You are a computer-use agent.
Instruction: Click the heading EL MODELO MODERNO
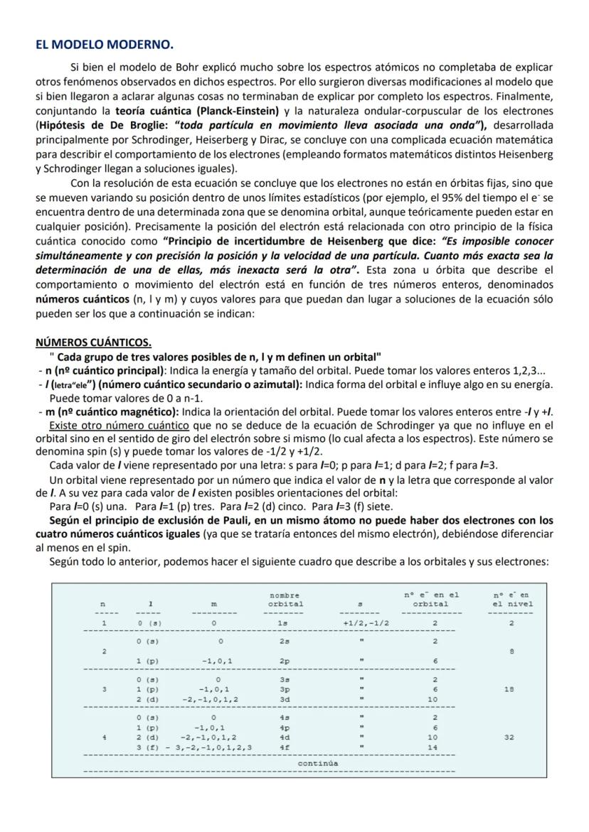pyautogui.click(x=104, y=45)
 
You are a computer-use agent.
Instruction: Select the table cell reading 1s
pyautogui.click(x=283, y=623)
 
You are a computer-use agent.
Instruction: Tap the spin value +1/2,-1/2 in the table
pyautogui.click(x=366, y=623)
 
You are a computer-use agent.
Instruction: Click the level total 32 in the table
pyautogui.click(x=509, y=738)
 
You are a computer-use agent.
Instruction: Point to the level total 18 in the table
pyautogui.click(x=509, y=689)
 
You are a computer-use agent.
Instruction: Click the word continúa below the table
pyautogui.click(x=318, y=763)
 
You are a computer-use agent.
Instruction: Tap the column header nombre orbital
pyautogui.click(x=285, y=599)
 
